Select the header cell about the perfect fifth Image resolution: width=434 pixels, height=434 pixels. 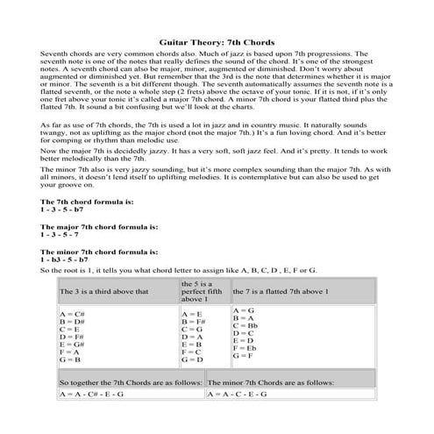pos(203,315)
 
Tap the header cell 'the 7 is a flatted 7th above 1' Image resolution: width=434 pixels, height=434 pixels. pos(280,315)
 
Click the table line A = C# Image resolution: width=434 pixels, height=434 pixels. pos(70,338)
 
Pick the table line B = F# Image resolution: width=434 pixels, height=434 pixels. pos(192,345)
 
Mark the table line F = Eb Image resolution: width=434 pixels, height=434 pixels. pos(245,373)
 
